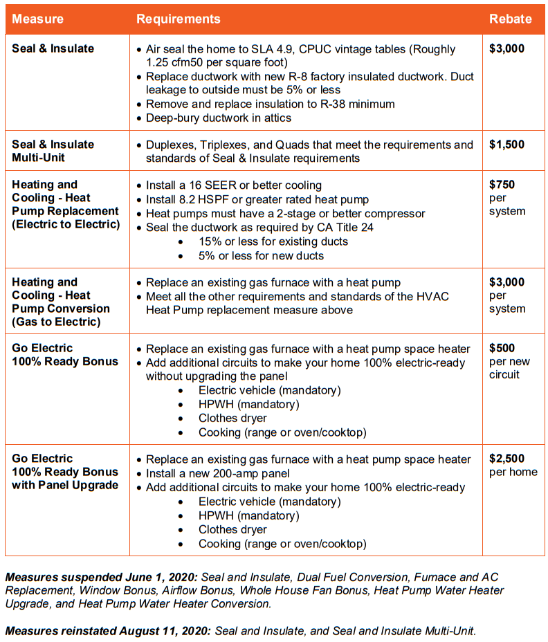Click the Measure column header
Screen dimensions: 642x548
pos(37,19)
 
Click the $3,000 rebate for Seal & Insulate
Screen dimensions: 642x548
pos(506,49)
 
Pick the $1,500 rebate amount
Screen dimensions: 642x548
pos(506,145)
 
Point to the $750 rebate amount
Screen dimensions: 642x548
pos(502,185)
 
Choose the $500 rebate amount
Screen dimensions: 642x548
pos(502,349)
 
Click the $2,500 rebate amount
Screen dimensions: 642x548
pos(506,459)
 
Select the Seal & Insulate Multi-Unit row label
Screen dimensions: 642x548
pos(53,152)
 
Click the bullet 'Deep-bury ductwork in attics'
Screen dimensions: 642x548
pos(218,118)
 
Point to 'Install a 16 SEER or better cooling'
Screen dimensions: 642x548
pos(233,185)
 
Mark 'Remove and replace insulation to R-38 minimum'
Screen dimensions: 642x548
pos(270,104)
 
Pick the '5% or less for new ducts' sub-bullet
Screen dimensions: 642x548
pos(261,255)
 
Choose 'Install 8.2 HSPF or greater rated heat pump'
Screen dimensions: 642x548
pos(257,199)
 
